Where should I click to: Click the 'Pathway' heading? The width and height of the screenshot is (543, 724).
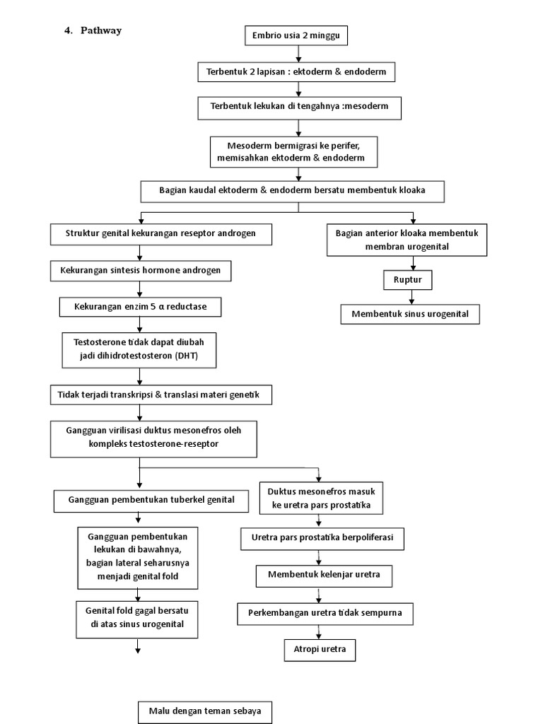tap(100, 30)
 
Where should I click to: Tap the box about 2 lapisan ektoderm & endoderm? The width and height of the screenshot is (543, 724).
tap(296, 71)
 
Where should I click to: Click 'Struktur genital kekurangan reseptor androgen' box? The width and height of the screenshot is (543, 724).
tap(160, 234)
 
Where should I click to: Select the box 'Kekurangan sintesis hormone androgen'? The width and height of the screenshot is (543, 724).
tap(141, 270)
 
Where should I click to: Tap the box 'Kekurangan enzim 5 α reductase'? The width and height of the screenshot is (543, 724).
tap(140, 307)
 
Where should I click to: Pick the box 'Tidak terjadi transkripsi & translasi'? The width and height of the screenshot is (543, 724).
tap(160, 395)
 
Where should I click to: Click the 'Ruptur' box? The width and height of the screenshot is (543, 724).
tap(407, 279)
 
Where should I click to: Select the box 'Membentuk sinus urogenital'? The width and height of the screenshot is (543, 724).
tap(410, 313)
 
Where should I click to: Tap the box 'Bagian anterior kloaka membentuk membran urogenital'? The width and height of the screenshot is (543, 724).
tap(407, 240)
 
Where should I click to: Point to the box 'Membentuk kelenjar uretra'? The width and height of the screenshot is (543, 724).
tap(324, 575)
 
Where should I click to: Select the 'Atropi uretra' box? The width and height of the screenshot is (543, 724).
tap(320, 649)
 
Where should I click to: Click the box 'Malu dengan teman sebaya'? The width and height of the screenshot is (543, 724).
tap(204, 712)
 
